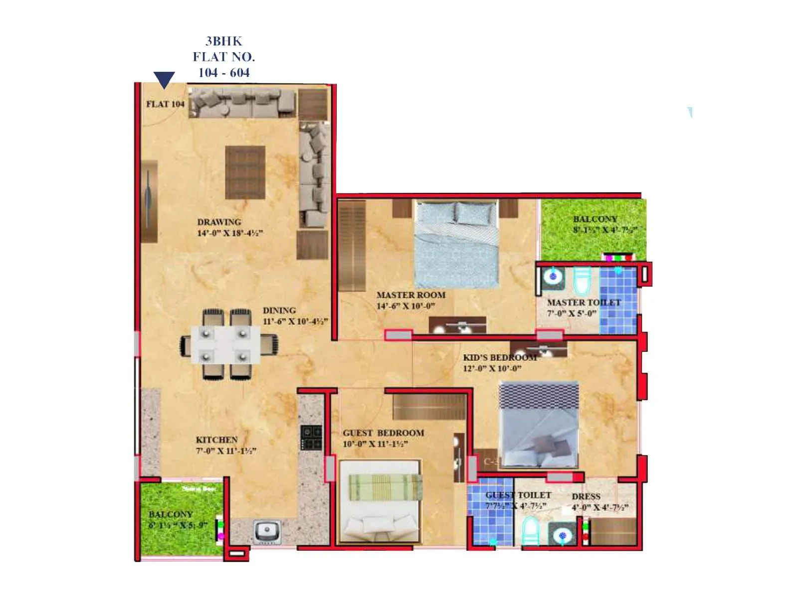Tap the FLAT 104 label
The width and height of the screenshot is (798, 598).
pos(165,104)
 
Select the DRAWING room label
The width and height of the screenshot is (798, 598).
pos(219,222)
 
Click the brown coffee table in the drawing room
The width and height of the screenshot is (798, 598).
pos(245,172)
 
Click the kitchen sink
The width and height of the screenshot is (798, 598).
pos(267,531)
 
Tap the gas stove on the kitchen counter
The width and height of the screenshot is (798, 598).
pos(311,438)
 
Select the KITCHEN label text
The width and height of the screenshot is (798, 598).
pos(216,440)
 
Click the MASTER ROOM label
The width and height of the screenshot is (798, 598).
pos(411,295)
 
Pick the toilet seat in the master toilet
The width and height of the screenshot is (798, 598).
pos(582,282)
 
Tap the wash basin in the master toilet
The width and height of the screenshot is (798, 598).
pos(553,276)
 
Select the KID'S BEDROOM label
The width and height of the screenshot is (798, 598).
pos(500,358)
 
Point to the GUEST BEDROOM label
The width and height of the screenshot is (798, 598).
pos(383,433)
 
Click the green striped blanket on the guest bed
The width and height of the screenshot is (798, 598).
pos(385,487)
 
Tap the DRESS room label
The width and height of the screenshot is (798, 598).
pos(586,497)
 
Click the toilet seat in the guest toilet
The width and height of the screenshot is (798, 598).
pos(531,531)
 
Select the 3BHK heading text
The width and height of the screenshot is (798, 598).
pos(224,41)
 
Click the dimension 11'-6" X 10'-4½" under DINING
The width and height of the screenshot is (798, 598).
pos(295,321)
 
